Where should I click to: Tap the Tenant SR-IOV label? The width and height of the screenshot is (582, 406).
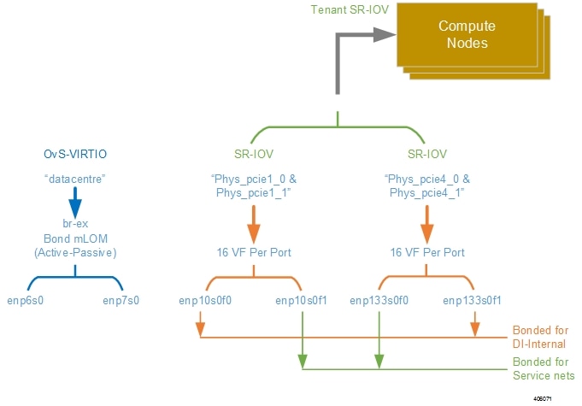[350, 9]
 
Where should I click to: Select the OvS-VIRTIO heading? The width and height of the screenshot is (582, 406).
[75, 154]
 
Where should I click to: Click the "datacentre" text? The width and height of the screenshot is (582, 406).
[75, 179]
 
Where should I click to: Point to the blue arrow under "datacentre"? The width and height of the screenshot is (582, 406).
[75, 203]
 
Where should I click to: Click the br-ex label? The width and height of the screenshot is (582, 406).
[75, 223]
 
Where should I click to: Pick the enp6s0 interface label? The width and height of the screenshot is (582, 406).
[26, 300]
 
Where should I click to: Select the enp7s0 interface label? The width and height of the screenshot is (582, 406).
[121, 300]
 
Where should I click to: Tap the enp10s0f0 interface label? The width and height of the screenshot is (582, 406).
[205, 300]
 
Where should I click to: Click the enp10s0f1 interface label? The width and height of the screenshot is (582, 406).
[301, 300]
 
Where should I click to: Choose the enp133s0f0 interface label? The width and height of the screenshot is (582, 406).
[379, 300]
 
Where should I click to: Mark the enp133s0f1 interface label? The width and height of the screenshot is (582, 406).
[472, 300]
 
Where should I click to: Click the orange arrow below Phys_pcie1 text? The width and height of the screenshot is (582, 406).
[254, 225]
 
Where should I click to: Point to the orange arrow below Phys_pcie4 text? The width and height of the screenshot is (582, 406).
[427, 225]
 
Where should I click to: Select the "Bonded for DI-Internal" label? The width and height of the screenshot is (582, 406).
[540, 337]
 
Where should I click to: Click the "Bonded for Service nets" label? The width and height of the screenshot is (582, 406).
[544, 368]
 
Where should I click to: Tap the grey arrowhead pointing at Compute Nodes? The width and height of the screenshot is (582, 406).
[385, 35]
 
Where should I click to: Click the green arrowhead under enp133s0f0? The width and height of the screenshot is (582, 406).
[379, 362]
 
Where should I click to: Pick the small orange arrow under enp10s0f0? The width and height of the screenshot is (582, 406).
[201, 324]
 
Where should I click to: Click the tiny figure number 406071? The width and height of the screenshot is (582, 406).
[543, 399]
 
